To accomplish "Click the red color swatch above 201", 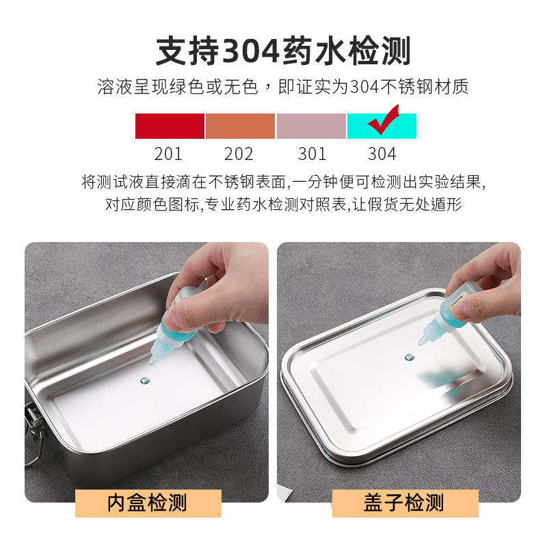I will coord(170,126).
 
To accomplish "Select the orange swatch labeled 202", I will coord(240,126).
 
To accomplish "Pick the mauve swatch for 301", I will coord(311,126).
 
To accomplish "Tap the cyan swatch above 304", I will coord(382,126).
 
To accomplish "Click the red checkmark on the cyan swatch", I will coord(383,120).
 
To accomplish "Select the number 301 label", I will coord(312,154).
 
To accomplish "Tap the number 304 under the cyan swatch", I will coord(382,154).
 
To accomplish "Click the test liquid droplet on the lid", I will coord(410,357).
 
